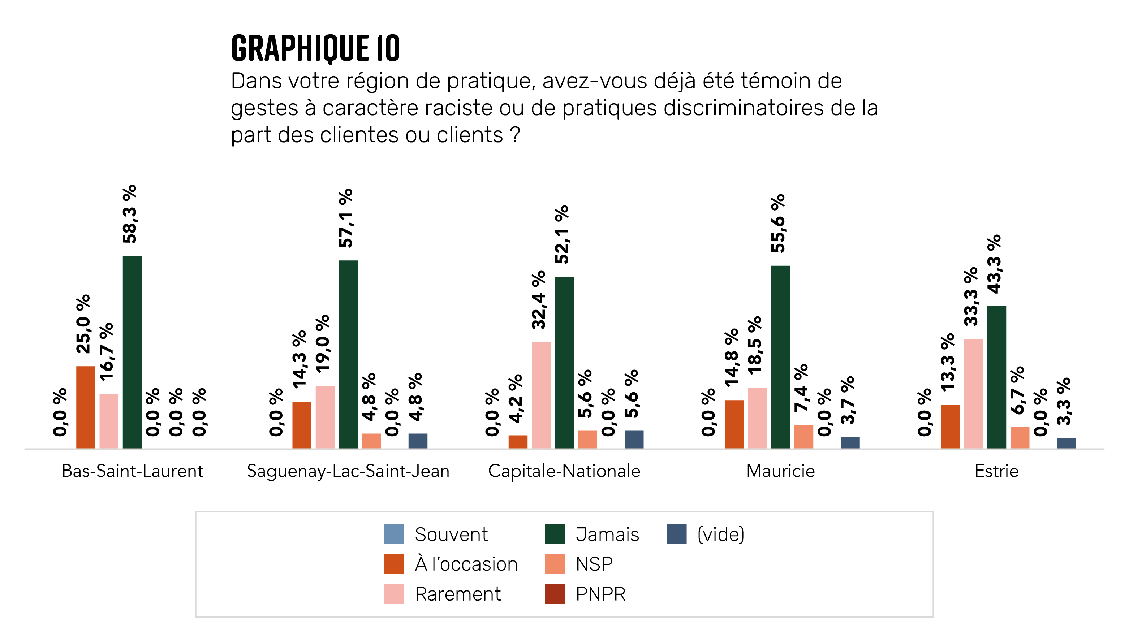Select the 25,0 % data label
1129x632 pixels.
tap(83, 324)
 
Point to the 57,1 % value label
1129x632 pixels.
tap(346, 218)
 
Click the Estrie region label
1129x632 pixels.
tap(996, 471)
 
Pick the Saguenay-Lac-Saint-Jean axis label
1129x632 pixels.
tap(348, 471)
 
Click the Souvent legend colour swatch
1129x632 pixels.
tap(393, 534)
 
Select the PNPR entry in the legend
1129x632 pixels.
tap(600, 594)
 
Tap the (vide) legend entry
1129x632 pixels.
tap(720, 534)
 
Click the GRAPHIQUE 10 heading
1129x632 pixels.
tap(315, 48)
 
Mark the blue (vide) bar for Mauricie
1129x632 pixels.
tap(850, 442)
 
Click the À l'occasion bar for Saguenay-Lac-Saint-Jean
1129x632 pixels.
tap(302, 425)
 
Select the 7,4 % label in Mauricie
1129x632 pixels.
tap(801, 388)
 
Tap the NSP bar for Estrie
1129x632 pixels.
tap(1020, 438)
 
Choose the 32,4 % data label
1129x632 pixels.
tap(539, 300)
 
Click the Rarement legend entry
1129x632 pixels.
tap(457, 594)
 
